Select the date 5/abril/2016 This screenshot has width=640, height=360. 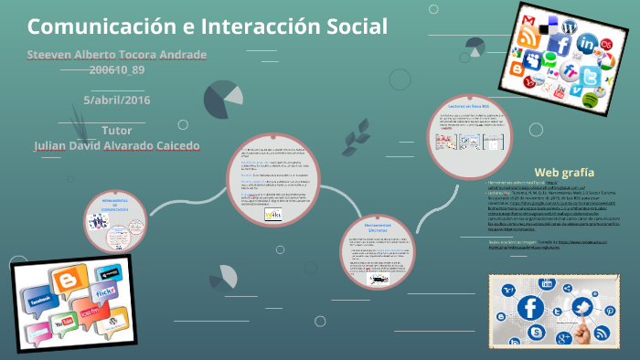point(116,100)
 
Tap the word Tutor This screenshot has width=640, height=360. point(117,130)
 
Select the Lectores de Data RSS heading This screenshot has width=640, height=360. point(471,107)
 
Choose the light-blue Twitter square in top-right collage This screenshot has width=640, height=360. point(590,76)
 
